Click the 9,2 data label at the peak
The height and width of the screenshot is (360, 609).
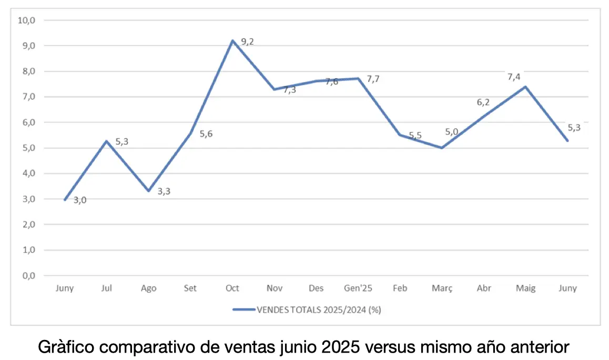[x=247, y=42]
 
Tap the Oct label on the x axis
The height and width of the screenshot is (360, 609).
[x=232, y=288]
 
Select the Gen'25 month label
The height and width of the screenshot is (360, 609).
[x=358, y=288]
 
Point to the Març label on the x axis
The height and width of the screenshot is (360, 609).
[x=442, y=288]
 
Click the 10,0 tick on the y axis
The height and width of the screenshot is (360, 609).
[x=26, y=21]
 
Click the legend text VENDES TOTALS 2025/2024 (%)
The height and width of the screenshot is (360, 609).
[x=319, y=309]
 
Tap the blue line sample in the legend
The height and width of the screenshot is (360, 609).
[x=243, y=309]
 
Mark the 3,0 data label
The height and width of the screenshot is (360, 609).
[x=79, y=200]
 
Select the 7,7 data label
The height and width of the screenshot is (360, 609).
[x=373, y=79]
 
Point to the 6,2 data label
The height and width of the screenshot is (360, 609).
[x=483, y=102]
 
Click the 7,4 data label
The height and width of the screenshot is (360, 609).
[x=513, y=77]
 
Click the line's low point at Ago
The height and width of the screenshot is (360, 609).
[x=149, y=191]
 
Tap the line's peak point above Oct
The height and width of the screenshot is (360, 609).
[x=232, y=41]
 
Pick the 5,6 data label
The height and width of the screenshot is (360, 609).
[x=206, y=134]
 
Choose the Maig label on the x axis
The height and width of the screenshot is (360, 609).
[x=525, y=288]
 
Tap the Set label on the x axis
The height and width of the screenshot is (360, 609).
[x=190, y=288]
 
